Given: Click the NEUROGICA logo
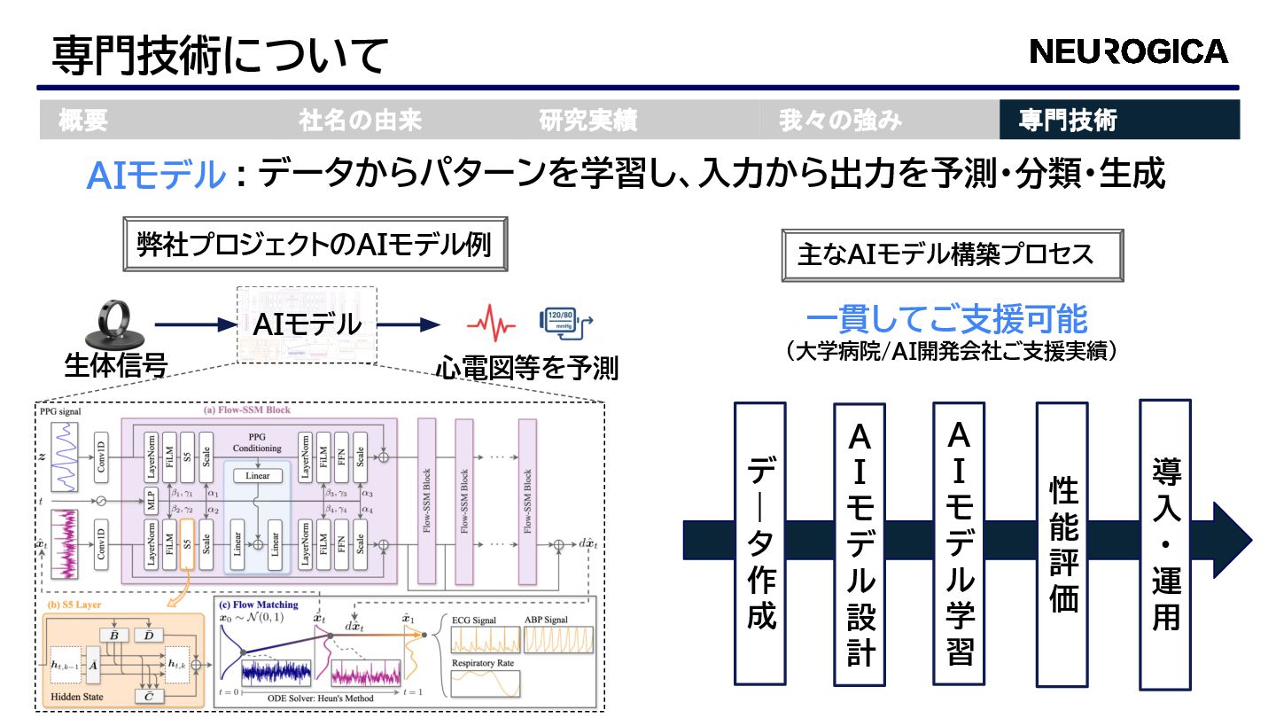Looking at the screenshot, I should (1129, 51).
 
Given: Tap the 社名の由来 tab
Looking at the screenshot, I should (360, 120).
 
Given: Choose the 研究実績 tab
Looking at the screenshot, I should (588, 120).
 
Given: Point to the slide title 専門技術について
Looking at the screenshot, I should (220, 55).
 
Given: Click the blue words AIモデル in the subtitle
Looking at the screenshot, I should (156, 176).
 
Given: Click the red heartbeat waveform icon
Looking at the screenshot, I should (491, 324).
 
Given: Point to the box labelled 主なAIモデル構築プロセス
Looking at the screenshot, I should (952, 255).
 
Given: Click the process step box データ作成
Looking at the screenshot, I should (760, 542).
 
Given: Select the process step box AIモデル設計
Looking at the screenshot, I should (860, 542).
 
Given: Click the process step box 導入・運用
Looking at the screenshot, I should (1164, 542).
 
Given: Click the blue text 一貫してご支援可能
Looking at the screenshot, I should (946, 320).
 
